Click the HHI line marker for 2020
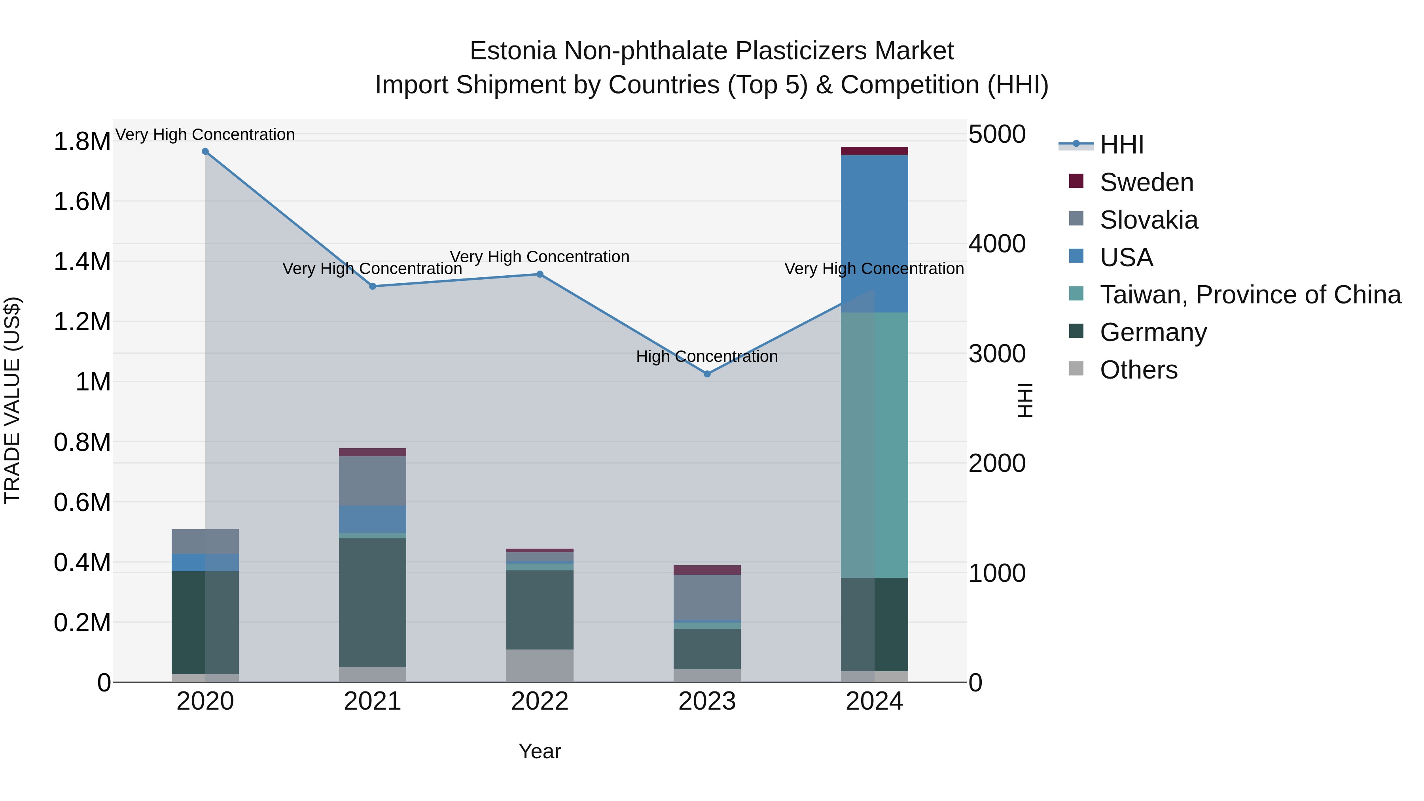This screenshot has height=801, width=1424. click(205, 151)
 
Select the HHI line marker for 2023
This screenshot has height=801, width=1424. click(707, 374)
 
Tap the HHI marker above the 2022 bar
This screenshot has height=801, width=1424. click(540, 274)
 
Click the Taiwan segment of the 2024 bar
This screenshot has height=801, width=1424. click(874, 445)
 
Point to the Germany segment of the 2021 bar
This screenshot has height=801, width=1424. click(373, 602)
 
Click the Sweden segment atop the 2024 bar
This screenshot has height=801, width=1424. click(874, 151)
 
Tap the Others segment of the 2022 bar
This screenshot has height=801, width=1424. click(540, 666)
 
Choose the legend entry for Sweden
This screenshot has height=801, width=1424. click(1146, 182)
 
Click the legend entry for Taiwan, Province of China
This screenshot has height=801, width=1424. click(1249, 295)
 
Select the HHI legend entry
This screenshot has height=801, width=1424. click(1121, 145)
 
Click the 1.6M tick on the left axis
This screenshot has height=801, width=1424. click(82, 202)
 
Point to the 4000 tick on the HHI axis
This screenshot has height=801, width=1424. click(997, 244)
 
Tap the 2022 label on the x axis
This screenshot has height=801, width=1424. click(540, 701)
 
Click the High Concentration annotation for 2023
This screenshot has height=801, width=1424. click(707, 356)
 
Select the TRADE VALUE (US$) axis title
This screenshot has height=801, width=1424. click(12, 400)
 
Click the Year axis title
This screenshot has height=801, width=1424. click(540, 751)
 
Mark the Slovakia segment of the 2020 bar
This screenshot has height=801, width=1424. click(205, 542)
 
